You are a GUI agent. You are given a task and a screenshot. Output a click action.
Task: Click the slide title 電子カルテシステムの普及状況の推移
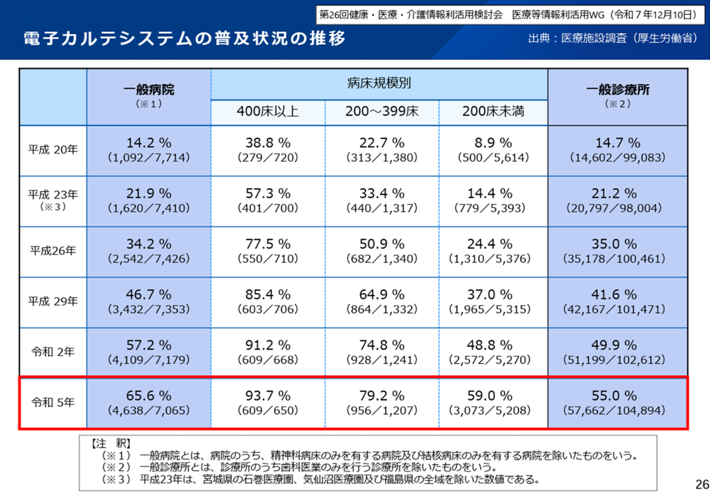pyautogui.click(x=185, y=39)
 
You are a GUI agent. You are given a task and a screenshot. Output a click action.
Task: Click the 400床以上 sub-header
pyautogui.click(x=268, y=112)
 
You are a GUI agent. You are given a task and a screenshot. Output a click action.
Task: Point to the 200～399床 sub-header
pyautogui.click(x=382, y=112)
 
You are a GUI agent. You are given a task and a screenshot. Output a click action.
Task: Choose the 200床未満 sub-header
pyautogui.click(x=493, y=112)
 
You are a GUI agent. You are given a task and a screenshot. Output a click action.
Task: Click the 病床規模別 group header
pyautogui.click(x=379, y=84)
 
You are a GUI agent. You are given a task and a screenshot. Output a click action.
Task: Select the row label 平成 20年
pyautogui.click(x=53, y=150)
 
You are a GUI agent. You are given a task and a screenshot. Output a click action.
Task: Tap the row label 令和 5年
pyautogui.click(x=53, y=403)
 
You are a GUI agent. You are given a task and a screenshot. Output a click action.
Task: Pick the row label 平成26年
pyautogui.click(x=53, y=250)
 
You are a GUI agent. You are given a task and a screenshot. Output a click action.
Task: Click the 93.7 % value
pyautogui.click(x=268, y=396)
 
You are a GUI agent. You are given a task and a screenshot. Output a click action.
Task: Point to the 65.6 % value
pyautogui.click(x=148, y=396)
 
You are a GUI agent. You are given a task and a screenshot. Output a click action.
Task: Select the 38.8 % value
pyautogui.click(x=268, y=143)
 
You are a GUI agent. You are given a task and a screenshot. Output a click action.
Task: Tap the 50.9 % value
pyautogui.click(x=382, y=244)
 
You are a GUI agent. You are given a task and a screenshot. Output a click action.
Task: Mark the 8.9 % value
pyautogui.click(x=493, y=143)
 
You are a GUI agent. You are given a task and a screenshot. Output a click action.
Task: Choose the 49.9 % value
pyautogui.click(x=618, y=345)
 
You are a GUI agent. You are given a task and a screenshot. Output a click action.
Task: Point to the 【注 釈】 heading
pyautogui.click(x=110, y=444)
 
